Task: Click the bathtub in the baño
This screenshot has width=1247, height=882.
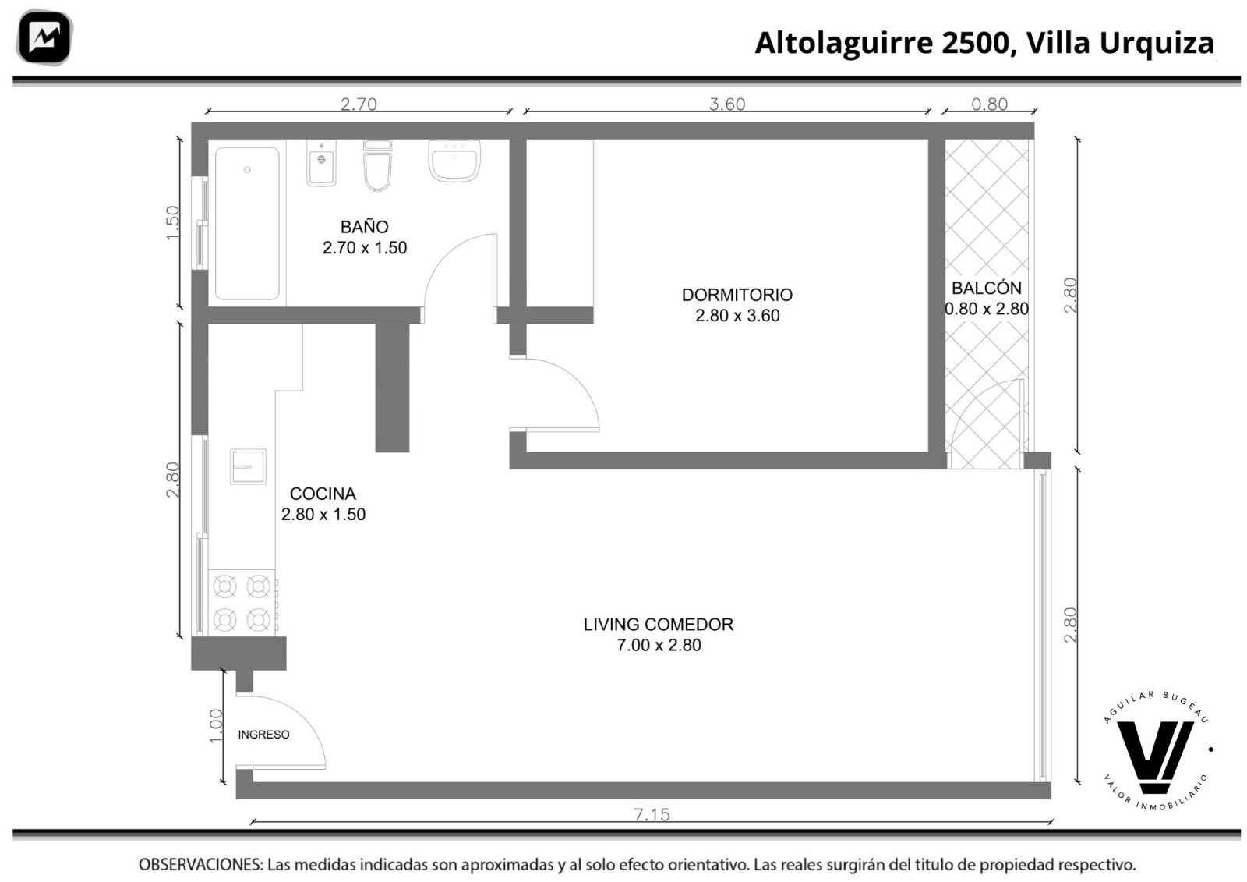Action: [x=247, y=224]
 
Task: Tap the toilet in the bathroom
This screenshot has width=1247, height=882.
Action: [x=377, y=165]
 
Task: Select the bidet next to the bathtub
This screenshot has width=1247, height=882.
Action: [x=321, y=163]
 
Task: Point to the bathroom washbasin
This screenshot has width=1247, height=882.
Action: [x=454, y=161]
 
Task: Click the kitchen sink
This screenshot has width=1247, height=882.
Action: [x=248, y=466]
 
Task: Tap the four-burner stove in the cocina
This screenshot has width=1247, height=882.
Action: [x=242, y=602]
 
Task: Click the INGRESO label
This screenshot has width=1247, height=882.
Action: [x=264, y=735]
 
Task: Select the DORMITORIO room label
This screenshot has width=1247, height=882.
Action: [x=737, y=295]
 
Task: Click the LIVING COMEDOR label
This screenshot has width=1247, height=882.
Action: [x=659, y=625]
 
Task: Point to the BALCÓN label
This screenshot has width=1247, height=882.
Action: [x=987, y=288]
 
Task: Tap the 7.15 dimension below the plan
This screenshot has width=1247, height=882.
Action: [x=652, y=815]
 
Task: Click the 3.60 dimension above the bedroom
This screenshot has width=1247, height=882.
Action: [x=727, y=104]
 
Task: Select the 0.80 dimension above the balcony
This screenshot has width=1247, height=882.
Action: [x=989, y=104]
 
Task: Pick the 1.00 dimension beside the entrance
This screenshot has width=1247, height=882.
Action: [x=216, y=726]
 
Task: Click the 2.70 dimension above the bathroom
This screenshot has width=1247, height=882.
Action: [x=359, y=104]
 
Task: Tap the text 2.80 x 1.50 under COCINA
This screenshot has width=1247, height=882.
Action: [x=323, y=514]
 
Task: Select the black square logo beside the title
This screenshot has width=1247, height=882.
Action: [x=44, y=37]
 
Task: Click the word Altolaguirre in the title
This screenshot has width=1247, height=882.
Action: [x=843, y=43]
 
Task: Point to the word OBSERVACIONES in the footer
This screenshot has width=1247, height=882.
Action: [x=200, y=865]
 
